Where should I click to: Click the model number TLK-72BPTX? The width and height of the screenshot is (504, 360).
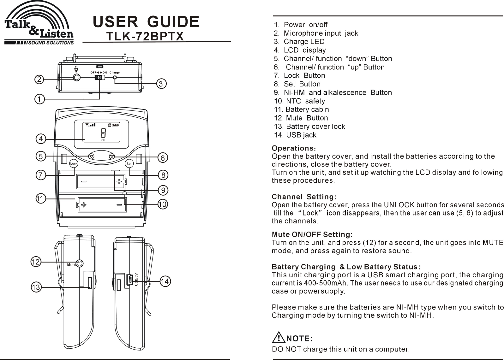(145, 37)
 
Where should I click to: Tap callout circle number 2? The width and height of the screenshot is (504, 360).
(39, 80)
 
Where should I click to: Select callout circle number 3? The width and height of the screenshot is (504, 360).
(161, 84)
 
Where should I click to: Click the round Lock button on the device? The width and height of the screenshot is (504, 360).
(74, 163)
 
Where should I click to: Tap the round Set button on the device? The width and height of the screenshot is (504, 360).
(129, 163)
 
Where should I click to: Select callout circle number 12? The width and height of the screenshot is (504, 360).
(36, 262)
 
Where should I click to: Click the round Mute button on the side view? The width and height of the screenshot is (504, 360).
(80, 263)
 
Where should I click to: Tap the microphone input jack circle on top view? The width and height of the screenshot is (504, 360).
(76, 77)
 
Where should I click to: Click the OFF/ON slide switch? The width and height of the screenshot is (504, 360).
(99, 77)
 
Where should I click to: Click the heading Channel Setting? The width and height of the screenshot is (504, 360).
(304, 197)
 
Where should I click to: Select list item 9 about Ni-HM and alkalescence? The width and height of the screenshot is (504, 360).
(333, 92)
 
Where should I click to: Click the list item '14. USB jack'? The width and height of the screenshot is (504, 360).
(295, 135)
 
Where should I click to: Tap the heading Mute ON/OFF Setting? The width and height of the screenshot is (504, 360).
(312, 235)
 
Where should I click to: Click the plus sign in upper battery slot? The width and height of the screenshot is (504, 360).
(119, 181)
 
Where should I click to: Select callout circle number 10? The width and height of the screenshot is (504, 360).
(162, 204)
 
